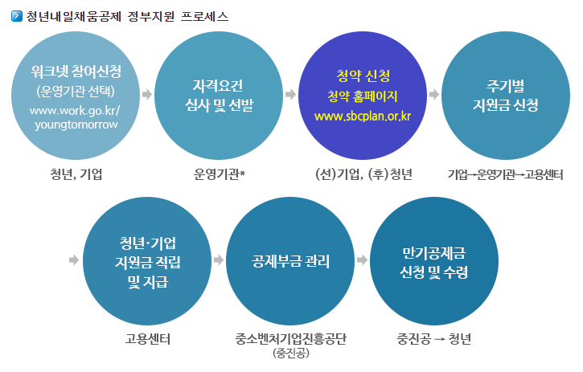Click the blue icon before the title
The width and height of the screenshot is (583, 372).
pos(17,16)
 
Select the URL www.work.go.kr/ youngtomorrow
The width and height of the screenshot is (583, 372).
pos(75,117)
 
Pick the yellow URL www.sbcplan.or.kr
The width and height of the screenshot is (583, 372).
pos(363,117)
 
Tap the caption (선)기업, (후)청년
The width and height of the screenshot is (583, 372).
pos(363,174)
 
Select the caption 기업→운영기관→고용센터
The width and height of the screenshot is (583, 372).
pos(506,174)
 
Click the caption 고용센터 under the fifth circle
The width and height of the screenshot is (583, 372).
pos(148,339)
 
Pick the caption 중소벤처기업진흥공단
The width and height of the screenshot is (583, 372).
pos(290,339)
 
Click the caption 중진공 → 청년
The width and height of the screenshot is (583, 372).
pos(434,339)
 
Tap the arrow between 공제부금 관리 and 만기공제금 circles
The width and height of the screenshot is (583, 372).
pos(362,260)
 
